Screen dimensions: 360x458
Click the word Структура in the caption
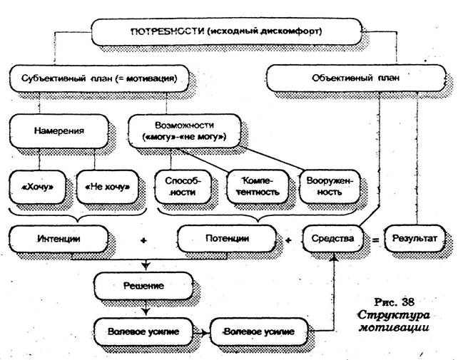[x=395, y=314]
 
